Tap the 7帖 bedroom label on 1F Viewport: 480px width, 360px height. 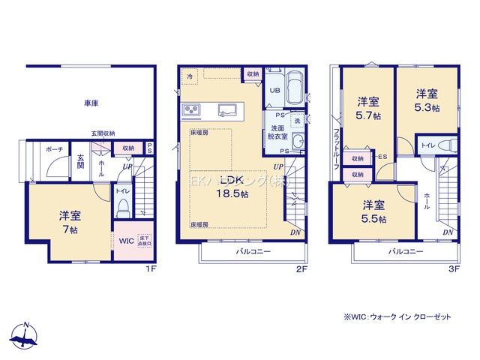(69, 221)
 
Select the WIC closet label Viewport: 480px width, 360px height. (125, 241)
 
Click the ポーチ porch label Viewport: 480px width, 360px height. (52, 148)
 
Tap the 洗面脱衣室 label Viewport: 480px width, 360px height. (278, 132)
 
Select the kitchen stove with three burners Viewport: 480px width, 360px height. (191, 111)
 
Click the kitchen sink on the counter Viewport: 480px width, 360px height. (224, 111)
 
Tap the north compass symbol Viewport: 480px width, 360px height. (25, 335)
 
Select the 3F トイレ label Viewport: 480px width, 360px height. (428, 145)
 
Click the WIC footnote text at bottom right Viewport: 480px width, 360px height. (397, 317)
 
